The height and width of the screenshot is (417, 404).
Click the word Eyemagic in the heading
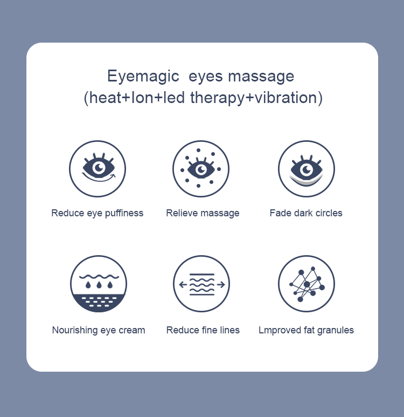(x=143, y=76)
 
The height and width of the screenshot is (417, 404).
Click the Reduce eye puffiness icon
(x=97, y=169)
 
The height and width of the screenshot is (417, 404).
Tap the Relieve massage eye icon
(x=201, y=169)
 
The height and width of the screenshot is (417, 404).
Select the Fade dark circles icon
(x=306, y=169)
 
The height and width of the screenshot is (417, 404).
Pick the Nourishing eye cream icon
(x=99, y=284)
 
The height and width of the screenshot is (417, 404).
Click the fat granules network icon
(x=306, y=284)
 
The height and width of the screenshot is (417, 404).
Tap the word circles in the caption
(x=326, y=213)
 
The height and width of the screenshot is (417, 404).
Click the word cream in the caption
(x=132, y=330)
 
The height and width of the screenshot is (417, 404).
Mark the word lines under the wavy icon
(x=228, y=330)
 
